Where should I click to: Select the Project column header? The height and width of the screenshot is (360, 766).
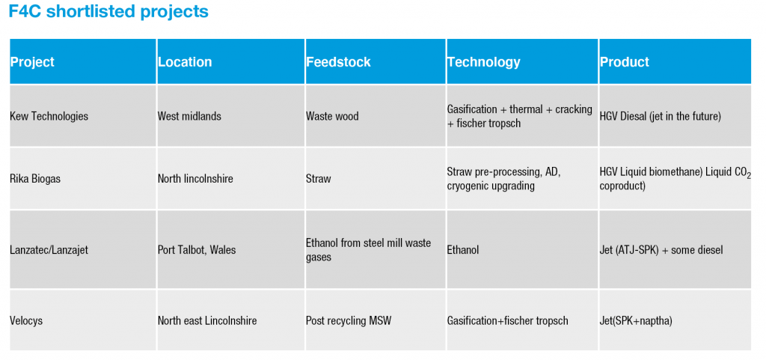[x=32, y=62]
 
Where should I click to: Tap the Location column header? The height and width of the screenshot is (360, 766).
[x=185, y=62]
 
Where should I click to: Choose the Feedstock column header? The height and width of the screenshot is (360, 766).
[x=339, y=62]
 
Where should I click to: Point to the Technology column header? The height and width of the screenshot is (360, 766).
[x=484, y=62]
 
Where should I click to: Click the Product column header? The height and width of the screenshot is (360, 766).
[x=625, y=62]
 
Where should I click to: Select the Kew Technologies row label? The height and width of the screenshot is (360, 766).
[x=49, y=116]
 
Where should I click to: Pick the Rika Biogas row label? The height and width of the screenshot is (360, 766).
[x=35, y=179]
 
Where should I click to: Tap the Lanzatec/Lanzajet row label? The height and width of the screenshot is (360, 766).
[x=49, y=250]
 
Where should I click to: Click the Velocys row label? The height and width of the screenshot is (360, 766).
[x=26, y=321]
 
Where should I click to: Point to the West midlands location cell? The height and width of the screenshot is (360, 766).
[x=189, y=116]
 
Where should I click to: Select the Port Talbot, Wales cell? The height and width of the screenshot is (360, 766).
[x=197, y=250]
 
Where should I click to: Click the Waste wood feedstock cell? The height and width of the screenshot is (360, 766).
[x=332, y=116]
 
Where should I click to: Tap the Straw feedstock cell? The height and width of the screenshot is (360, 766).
[x=319, y=179]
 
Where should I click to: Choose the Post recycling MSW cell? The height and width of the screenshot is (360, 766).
[x=349, y=321]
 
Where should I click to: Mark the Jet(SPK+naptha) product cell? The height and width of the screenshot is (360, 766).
[x=636, y=321]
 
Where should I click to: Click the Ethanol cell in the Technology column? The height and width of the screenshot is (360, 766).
[x=463, y=250]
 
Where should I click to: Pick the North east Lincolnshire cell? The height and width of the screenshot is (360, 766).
[x=207, y=321]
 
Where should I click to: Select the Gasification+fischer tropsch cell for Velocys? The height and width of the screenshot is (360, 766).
[x=508, y=321]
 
